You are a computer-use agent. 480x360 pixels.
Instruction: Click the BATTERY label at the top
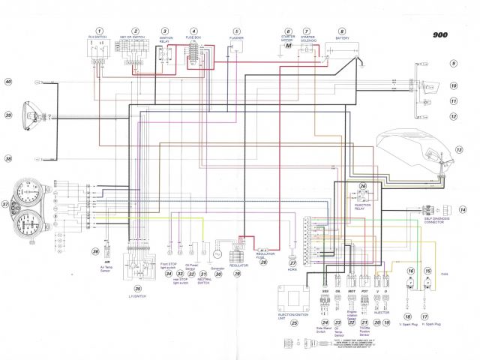tap(342, 37)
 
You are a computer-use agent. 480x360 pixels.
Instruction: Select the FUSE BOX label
tap(194, 37)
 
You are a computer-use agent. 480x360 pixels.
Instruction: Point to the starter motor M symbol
tap(288, 46)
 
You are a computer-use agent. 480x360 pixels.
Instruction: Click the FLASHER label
tap(237, 37)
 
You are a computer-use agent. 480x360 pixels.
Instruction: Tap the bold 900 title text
tap(442, 34)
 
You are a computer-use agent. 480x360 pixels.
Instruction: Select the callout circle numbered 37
tap(6, 203)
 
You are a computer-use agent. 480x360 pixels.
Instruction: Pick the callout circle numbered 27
tap(293, 263)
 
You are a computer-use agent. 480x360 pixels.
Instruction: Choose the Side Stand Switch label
tap(325, 331)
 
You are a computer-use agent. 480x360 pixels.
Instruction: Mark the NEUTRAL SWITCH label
tap(204, 283)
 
